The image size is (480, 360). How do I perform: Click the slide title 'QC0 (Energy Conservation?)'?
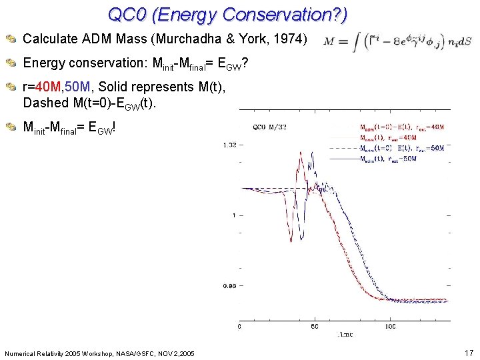pyautogui.click(x=227, y=14)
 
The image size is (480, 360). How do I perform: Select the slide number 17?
pyautogui.click(x=467, y=352)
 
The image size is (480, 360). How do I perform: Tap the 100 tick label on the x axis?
pyautogui.click(x=391, y=327)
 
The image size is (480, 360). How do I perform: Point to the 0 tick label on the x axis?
pyautogui.click(x=240, y=327)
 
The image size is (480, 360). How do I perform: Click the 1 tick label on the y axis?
pyautogui.click(x=233, y=215)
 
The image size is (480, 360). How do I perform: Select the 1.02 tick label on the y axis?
pyautogui.click(x=229, y=144)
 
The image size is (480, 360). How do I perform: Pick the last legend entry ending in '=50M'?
pyautogui.click(x=388, y=159)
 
